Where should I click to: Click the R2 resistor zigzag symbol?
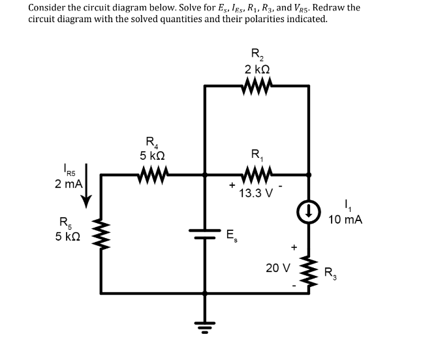pos(256,85)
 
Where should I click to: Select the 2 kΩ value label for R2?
pos(257,69)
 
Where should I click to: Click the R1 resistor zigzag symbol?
pos(257,174)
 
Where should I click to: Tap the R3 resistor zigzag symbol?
pos(309,267)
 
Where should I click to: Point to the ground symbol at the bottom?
pos(205,323)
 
